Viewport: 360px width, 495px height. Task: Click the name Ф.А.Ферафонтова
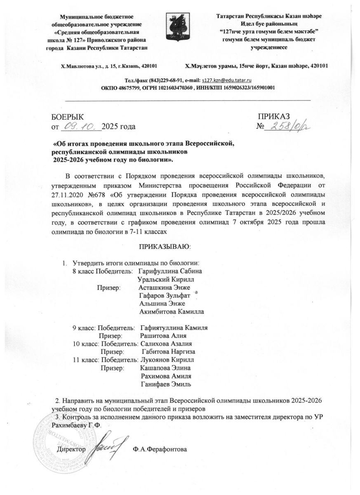click(x=160, y=448)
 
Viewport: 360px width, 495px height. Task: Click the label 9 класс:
click(x=85, y=328)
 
